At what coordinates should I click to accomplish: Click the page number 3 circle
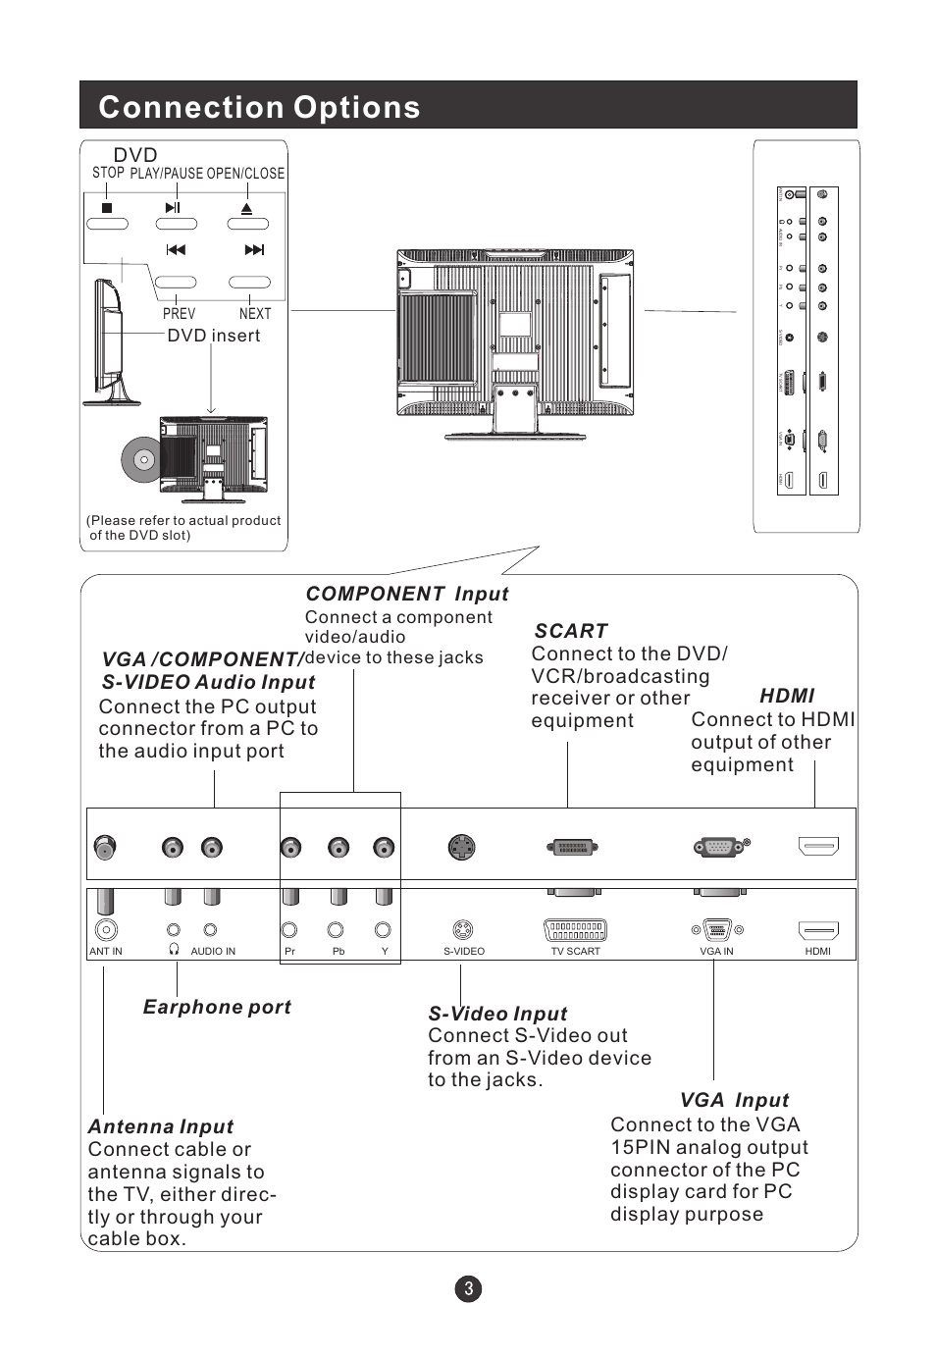468,1288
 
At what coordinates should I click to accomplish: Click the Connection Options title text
259,107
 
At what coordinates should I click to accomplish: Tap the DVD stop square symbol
107,208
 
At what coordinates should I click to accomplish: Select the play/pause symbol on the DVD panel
174,208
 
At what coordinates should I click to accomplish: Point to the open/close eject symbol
247,208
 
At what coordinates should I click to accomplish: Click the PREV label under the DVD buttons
179,314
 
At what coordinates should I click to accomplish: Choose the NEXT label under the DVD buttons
255,314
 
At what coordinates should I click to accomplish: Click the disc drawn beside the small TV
140,458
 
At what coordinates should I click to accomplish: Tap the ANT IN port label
106,951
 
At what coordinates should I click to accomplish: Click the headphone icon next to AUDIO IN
174,950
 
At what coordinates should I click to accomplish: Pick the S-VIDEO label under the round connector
464,951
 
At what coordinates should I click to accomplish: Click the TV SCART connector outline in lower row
575,929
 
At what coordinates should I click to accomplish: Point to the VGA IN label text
716,951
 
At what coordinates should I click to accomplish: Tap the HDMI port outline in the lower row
818,930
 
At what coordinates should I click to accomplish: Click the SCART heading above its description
571,631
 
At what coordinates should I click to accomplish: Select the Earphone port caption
217,1007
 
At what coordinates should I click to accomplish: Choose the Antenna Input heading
161,1126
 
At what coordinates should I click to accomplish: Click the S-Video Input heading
497,1014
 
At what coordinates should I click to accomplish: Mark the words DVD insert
214,336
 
